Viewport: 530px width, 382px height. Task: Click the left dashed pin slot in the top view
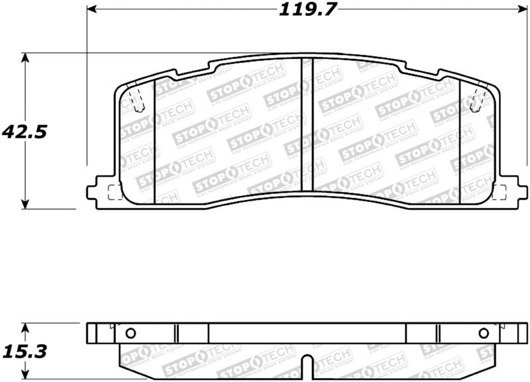pos(137,100)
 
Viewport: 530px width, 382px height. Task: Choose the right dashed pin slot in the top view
pos(475,100)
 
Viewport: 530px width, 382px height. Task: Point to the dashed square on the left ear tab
pos(114,193)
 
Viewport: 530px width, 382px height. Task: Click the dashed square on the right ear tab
pos(500,193)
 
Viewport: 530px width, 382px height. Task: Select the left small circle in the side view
pos(130,333)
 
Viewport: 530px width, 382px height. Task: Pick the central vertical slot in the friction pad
pos(307,126)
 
